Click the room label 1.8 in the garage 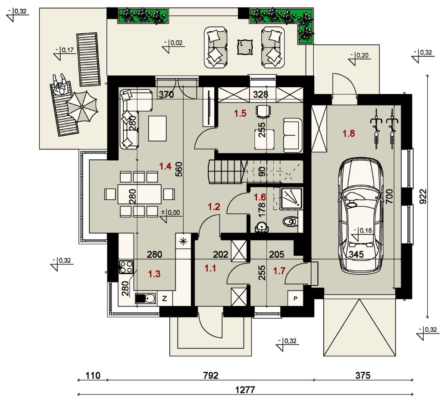click(348, 133)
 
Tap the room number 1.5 click(240, 113)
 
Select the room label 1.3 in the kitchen click(154, 274)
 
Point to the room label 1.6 click(260, 197)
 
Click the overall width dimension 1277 click(245, 390)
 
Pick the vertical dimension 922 click(423, 196)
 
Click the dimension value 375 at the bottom click(363, 375)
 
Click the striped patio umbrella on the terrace click(82, 107)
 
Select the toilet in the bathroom click(290, 222)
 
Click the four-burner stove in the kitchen click(126, 267)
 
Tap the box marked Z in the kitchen click(165, 298)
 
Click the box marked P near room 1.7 click(295, 298)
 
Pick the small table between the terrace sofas click(245, 47)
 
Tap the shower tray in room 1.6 click(291, 199)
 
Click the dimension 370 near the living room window click(166, 95)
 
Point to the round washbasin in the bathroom click(262, 227)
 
